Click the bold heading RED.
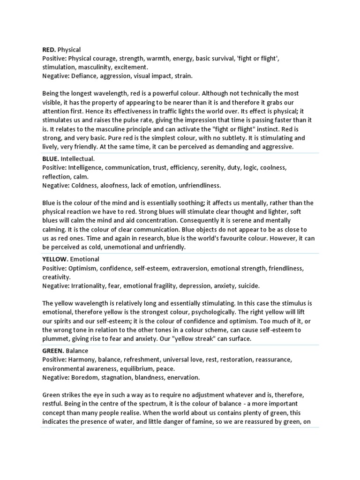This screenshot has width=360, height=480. pos(49,50)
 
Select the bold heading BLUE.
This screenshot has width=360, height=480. pos(51,159)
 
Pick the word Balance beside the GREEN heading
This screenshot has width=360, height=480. pos(77,351)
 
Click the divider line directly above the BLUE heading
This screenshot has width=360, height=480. pos(180,153)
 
